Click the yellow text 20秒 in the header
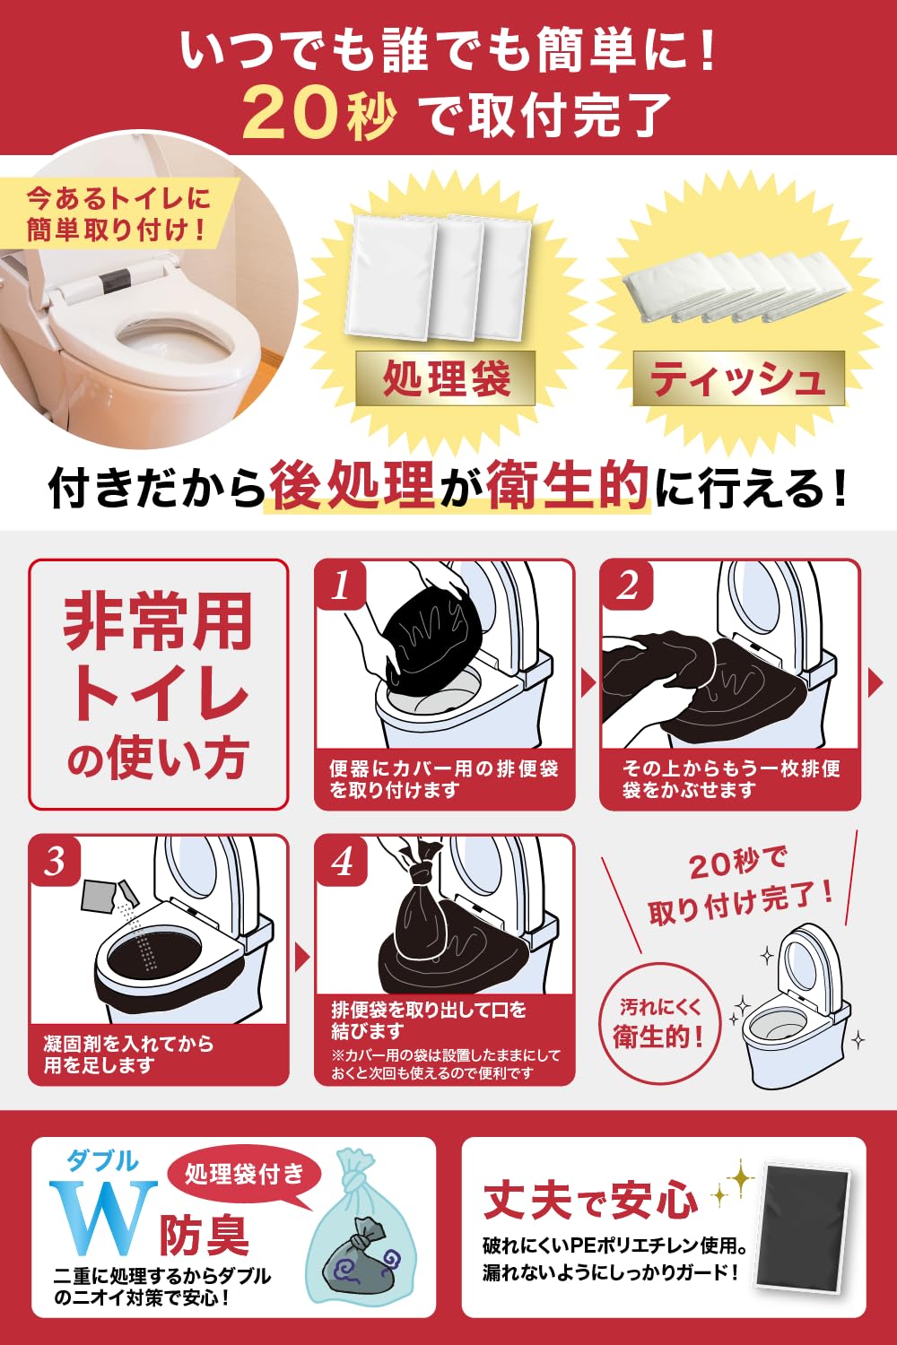click(x=319, y=113)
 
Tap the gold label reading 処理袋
click(x=445, y=378)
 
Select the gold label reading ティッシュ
click(x=738, y=378)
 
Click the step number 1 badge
click(x=341, y=585)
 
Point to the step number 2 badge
click(x=627, y=585)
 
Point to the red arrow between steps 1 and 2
click(x=588, y=684)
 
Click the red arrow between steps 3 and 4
click(x=301, y=959)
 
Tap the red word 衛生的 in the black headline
click(x=568, y=484)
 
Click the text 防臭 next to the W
click(x=205, y=1235)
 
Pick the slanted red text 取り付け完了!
click(x=742, y=905)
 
